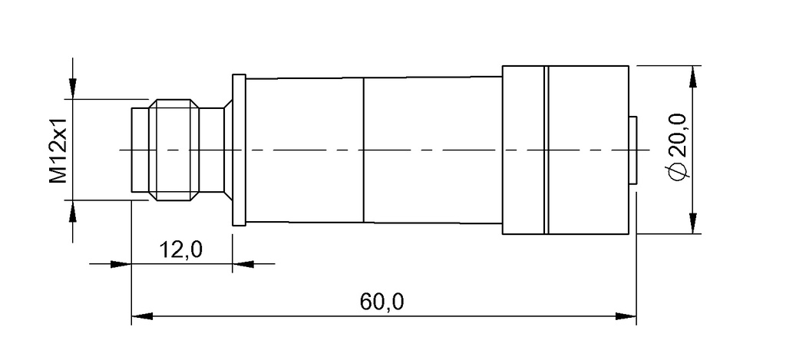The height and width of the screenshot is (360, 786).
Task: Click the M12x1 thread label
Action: (59, 150)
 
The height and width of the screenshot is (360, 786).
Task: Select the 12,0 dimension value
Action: (180, 249)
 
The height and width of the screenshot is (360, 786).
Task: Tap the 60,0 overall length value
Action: (381, 302)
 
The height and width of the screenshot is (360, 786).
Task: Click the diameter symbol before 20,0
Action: (677, 173)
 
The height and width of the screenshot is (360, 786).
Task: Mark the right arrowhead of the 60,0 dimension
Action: (629, 315)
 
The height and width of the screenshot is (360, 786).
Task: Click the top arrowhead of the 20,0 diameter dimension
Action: (694, 75)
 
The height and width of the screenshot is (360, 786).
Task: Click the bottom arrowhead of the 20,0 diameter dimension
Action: (694, 225)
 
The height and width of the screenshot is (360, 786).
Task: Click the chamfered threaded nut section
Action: (175, 150)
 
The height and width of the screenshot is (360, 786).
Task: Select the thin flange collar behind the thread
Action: (239, 150)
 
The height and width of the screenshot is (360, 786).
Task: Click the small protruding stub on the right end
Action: (633, 150)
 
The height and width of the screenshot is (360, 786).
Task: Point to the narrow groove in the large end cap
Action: (547, 150)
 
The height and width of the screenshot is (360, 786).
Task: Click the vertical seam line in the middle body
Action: (363, 150)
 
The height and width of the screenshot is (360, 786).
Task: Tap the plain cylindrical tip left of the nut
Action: (140, 150)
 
